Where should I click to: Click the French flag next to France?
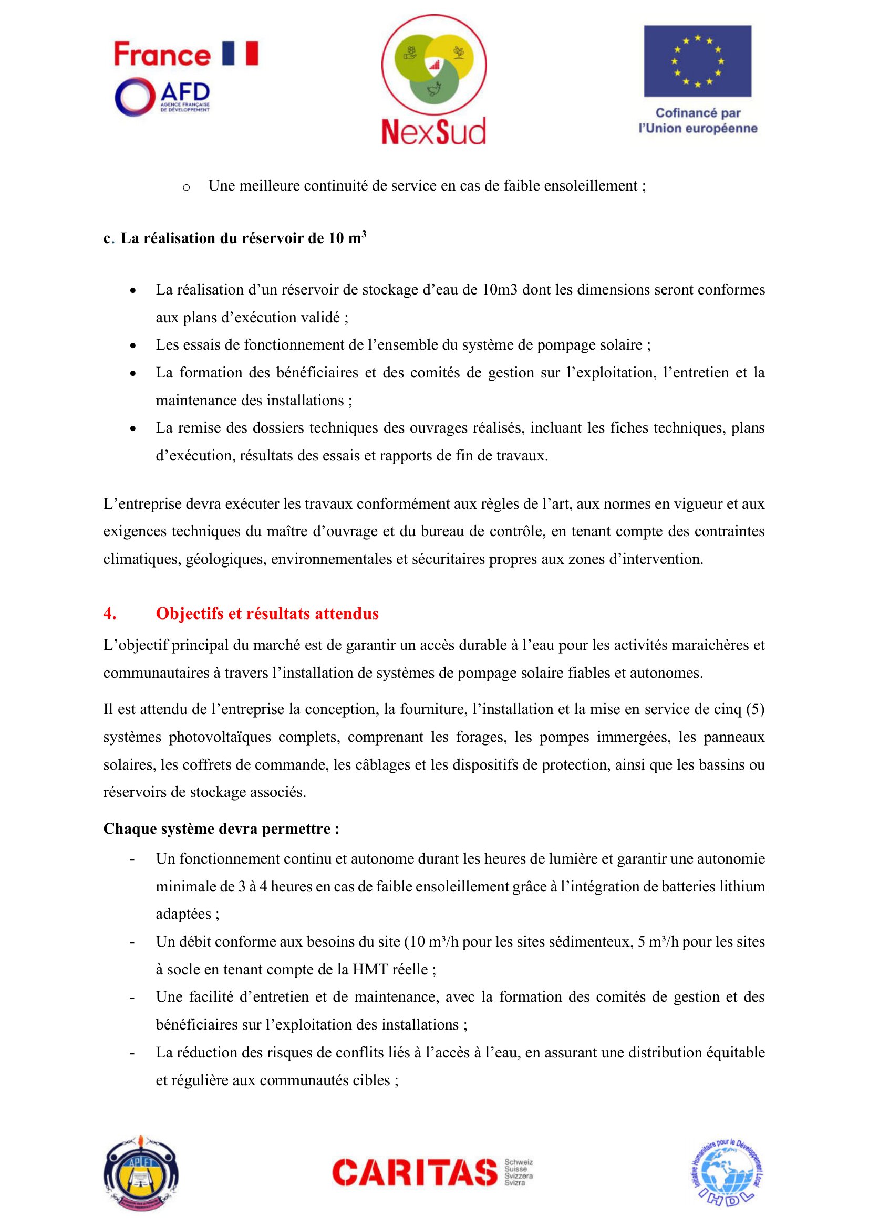point(240,54)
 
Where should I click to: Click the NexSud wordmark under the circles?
point(433,131)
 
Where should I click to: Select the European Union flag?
point(697,61)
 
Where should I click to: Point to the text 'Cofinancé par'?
point(698,113)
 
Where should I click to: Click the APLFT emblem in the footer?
point(141,1173)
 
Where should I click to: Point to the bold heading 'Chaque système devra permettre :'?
point(221,828)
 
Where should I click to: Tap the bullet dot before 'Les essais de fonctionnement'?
point(133,346)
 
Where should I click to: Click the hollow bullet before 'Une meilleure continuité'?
point(186,187)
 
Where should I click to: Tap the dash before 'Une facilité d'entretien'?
point(132,998)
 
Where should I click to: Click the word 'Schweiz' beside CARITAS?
point(519,1162)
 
